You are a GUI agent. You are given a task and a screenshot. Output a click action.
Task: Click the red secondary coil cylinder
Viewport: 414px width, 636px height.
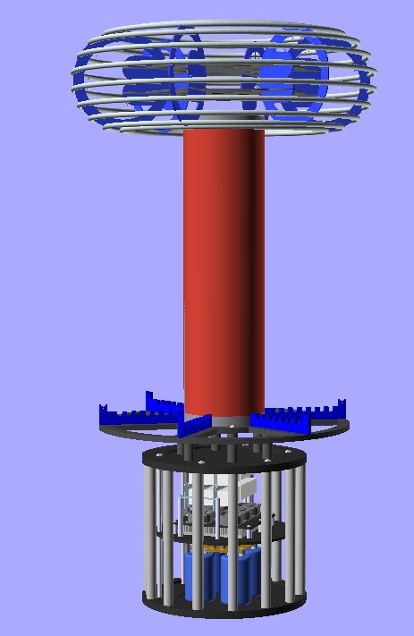(224, 268)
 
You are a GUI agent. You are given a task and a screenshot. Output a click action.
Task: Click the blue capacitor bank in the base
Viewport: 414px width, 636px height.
(219, 572)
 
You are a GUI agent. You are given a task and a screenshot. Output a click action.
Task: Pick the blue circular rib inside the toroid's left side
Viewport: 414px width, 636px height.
(148, 81)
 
